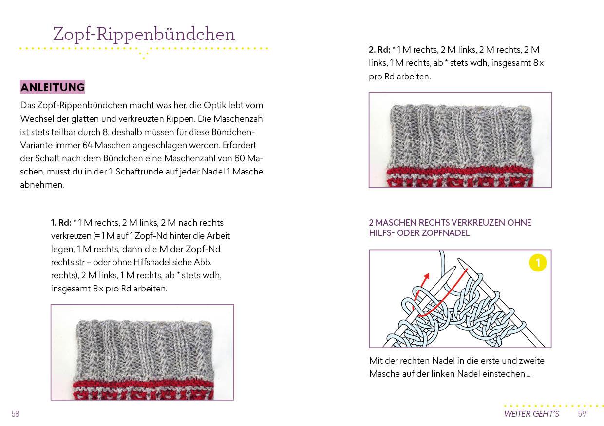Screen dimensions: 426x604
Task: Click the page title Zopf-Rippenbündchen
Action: pos(144,34)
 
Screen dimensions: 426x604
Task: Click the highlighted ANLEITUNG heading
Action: pos(53,87)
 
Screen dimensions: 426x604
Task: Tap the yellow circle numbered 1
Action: pos(538,263)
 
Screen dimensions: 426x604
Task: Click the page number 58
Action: pos(16,414)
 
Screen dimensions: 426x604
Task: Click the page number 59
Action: pos(582,414)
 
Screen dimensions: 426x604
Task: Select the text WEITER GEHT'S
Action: pos(531,414)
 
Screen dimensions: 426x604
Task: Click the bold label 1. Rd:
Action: pos(61,223)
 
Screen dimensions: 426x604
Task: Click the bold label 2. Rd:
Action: pos(379,50)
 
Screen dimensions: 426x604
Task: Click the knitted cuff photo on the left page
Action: pos(142,352)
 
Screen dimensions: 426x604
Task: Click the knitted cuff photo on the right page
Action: pos(460,140)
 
